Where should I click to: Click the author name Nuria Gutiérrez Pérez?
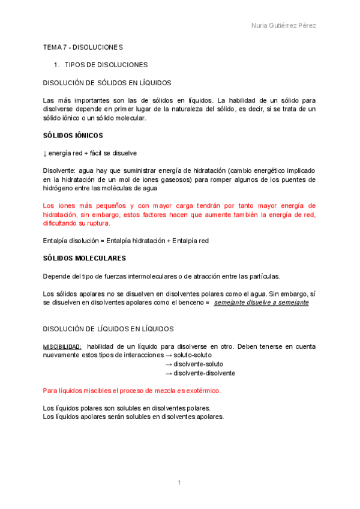tap(283, 26)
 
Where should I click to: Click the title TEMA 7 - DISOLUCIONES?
tap(83, 47)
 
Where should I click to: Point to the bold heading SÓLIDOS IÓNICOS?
tap(73, 136)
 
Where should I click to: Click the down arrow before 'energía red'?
tap(45, 154)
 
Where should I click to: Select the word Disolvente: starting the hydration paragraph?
tap(59, 171)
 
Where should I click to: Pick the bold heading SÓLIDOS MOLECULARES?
tap(85, 258)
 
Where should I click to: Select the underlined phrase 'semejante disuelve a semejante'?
tap(261, 303)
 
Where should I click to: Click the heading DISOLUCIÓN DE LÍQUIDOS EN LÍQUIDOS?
tap(109, 329)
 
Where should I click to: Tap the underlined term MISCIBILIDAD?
tap(62, 347)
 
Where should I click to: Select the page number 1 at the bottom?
tap(179, 483)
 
